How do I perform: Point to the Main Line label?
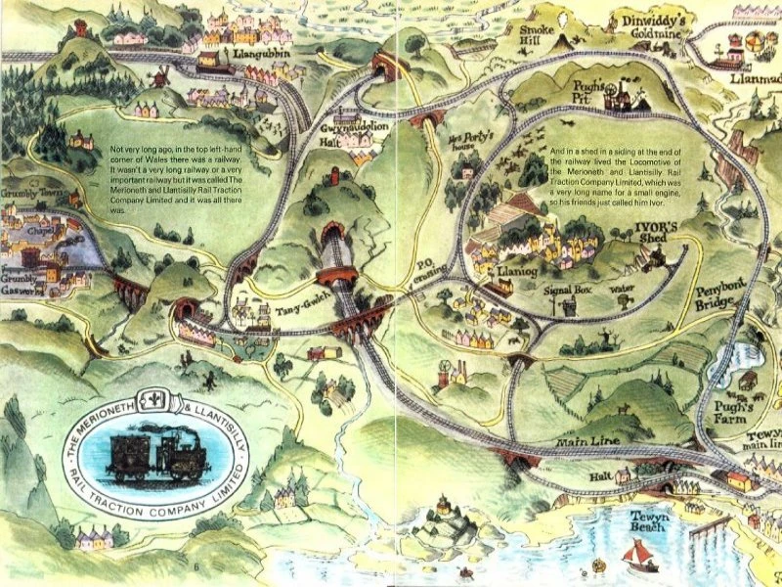click(x=590, y=443)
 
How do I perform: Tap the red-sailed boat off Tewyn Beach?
click(x=635, y=554)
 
